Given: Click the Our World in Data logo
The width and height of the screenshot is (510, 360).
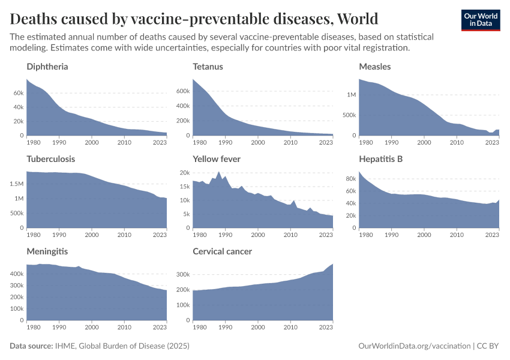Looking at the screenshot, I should [x=480, y=19].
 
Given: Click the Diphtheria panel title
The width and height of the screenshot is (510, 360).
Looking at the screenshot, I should [x=47, y=67].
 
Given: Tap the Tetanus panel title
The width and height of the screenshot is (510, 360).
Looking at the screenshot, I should [x=208, y=67].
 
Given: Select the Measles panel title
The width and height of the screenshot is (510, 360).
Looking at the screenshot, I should [x=374, y=67].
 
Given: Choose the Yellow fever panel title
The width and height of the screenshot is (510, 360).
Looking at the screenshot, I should [x=217, y=159].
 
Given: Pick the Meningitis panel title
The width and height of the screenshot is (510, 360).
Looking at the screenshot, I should [x=47, y=251].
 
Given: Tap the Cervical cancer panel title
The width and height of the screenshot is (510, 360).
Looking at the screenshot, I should [x=222, y=251].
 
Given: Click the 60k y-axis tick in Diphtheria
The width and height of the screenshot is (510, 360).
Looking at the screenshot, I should [x=18, y=94].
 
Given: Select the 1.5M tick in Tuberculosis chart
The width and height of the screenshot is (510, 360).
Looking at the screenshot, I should [x=16, y=184].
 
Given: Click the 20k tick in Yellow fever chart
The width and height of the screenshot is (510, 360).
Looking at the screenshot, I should [x=185, y=173].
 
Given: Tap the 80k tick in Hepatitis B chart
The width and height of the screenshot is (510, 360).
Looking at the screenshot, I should [x=350, y=178].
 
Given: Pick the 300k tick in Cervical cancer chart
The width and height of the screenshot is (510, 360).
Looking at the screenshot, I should [x=182, y=274].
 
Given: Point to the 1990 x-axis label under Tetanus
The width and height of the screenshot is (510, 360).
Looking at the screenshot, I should [x=225, y=143].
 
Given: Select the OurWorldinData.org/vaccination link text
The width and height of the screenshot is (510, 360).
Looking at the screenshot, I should [x=413, y=346].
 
